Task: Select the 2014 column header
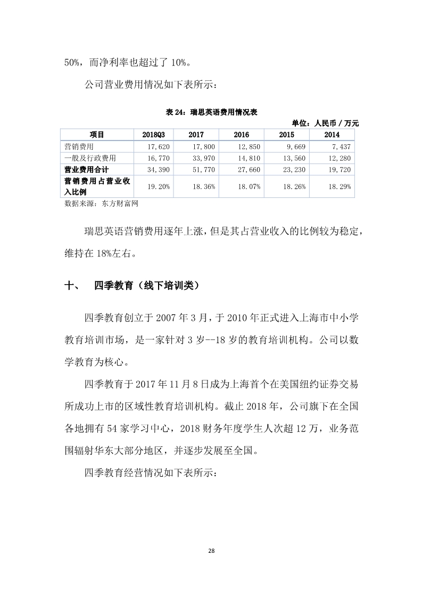point(332,135)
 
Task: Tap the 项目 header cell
point(96,135)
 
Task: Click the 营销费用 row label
point(79,146)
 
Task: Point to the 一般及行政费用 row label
point(90,157)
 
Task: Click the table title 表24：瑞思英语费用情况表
point(212,112)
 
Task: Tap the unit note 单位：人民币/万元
point(326,123)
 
